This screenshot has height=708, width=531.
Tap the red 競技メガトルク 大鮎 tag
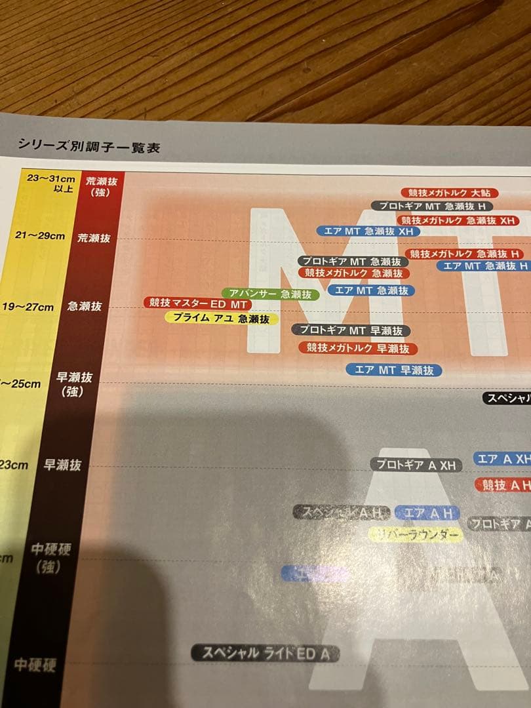click(x=449, y=193)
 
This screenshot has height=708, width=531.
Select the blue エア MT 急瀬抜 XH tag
click(x=368, y=231)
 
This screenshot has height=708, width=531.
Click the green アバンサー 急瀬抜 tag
click(x=270, y=294)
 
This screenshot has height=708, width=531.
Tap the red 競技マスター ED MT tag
click(x=197, y=304)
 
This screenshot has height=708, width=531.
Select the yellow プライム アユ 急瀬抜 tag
click(x=222, y=319)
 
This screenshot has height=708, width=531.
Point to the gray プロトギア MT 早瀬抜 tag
click(x=351, y=330)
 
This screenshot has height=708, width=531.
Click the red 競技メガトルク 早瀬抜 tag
click(x=358, y=348)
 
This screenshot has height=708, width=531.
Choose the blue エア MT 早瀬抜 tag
click(x=394, y=370)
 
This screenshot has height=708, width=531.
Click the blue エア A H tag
click(x=427, y=513)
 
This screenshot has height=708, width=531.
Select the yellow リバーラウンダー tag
click(x=416, y=536)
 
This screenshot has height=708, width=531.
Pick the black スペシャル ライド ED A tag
click(x=265, y=653)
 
